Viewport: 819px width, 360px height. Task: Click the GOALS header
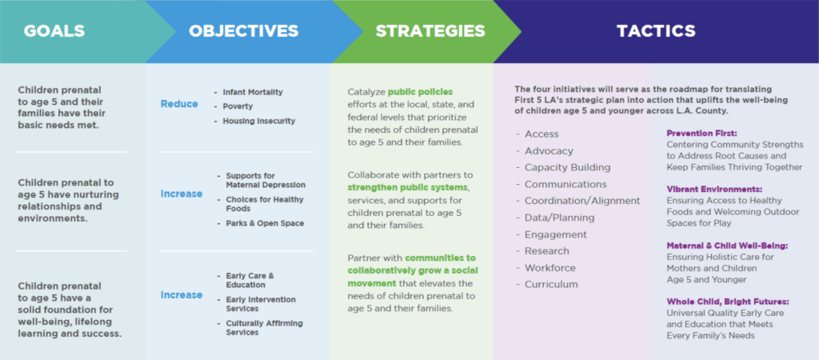point(54,31)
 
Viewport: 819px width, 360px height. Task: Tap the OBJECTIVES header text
point(243,31)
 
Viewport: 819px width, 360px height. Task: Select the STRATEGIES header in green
point(430,31)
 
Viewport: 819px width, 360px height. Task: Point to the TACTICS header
point(656,31)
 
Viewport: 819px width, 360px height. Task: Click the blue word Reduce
point(179,104)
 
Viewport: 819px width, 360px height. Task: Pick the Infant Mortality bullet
point(253,92)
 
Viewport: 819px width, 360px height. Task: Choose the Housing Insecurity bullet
point(259,122)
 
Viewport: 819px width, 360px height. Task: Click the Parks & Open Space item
point(265,224)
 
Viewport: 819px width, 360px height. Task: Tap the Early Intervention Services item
point(261,304)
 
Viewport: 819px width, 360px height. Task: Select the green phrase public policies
point(420,92)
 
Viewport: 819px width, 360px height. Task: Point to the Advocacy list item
point(549,151)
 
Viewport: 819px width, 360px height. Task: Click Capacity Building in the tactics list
point(568,168)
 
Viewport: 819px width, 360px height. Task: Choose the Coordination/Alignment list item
point(582,201)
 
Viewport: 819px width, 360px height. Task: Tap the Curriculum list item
point(551,284)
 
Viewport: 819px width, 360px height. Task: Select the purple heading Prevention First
point(701,134)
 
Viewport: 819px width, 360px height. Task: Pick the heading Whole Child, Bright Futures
point(728,302)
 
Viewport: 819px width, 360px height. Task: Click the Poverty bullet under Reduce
point(238,106)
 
